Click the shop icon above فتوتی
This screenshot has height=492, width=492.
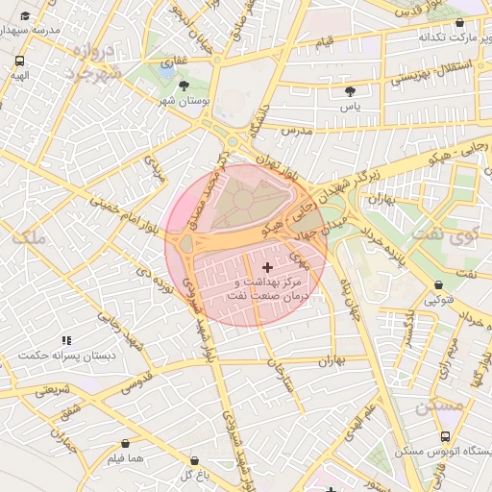pos(440,285)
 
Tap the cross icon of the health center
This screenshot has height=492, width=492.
pos(266,265)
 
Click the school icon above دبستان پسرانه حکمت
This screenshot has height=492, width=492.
pos(66,340)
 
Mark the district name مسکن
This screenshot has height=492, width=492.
pos(439,406)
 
